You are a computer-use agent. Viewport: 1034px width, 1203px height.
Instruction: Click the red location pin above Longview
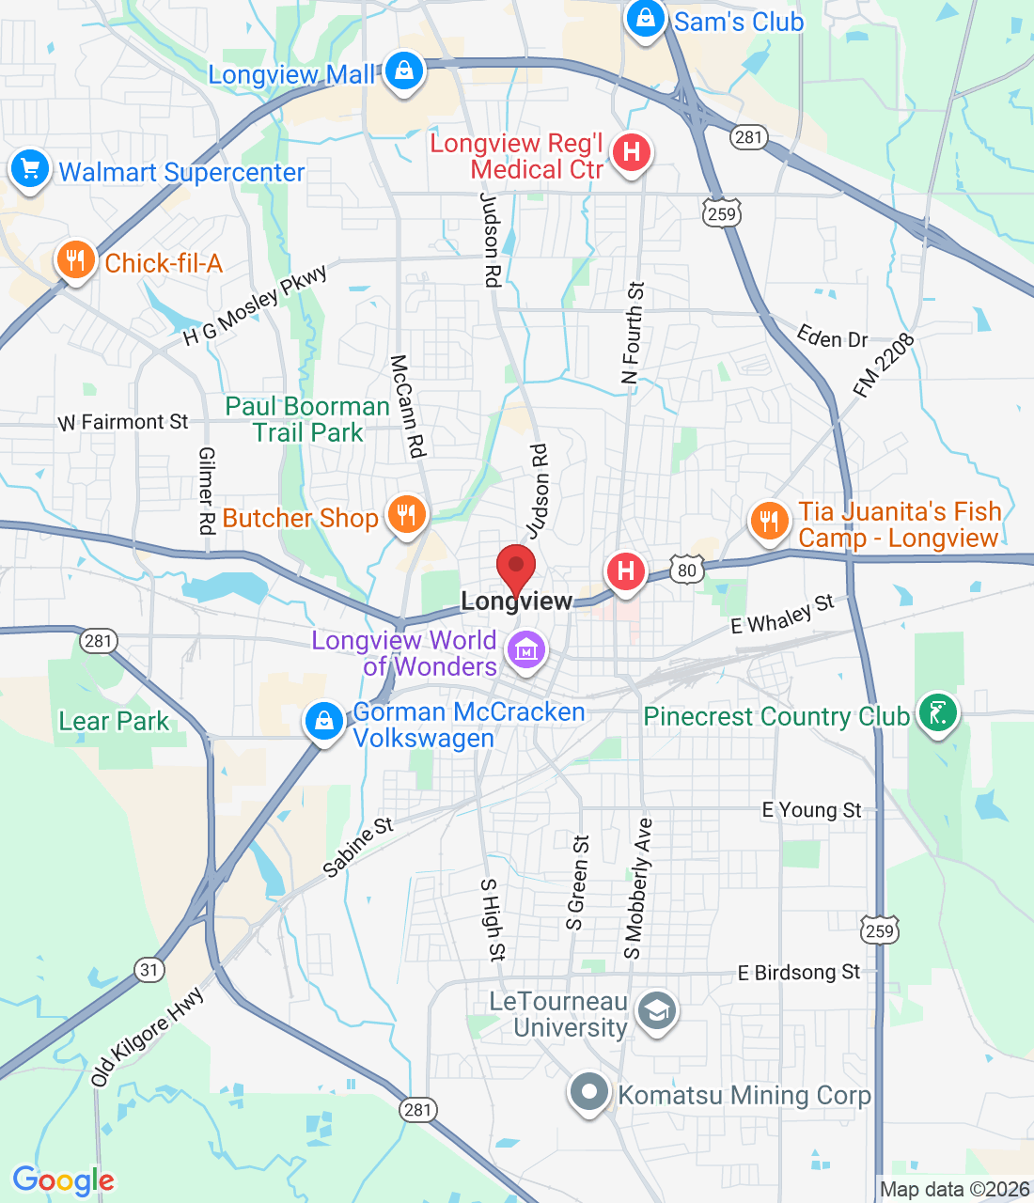(516, 567)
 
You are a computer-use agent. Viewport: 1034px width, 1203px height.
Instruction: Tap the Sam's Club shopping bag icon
(646, 20)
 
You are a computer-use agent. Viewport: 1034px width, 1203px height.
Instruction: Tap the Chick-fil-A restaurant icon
(76, 260)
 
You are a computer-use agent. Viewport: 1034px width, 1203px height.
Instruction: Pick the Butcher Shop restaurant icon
(406, 516)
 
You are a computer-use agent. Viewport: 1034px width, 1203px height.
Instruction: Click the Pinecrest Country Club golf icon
(936, 713)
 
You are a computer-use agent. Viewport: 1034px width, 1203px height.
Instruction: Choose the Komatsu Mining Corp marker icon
(589, 1093)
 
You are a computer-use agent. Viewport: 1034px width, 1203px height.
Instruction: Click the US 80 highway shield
(688, 570)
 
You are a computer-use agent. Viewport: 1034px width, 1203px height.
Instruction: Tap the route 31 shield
(149, 969)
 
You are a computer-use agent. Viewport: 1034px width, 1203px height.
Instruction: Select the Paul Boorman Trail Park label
(307, 419)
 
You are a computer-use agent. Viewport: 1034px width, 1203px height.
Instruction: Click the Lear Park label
(114, 721)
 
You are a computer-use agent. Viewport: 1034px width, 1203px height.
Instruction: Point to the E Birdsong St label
(798, 973)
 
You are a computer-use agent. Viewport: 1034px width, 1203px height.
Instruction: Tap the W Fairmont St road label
(123, 422)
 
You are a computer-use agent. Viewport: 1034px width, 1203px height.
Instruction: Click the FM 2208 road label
(884, 367)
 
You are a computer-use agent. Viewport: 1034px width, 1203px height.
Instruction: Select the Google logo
(63, 1180)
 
